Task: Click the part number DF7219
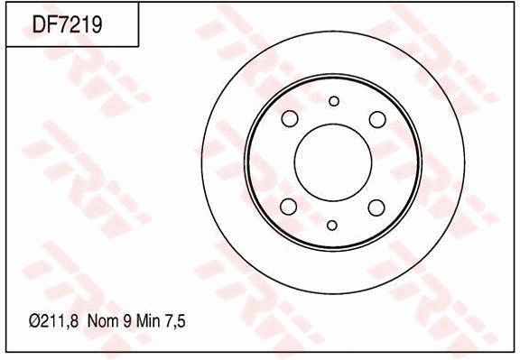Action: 67,25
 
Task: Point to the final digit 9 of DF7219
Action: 95,25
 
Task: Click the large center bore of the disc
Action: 333,162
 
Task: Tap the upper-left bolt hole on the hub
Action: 290,119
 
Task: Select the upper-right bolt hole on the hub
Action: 376,119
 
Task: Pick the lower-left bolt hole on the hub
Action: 290,207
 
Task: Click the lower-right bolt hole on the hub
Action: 376,207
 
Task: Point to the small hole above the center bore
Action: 333,101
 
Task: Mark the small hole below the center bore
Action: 332,225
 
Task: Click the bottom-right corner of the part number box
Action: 138,46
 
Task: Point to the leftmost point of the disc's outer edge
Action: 202,162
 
